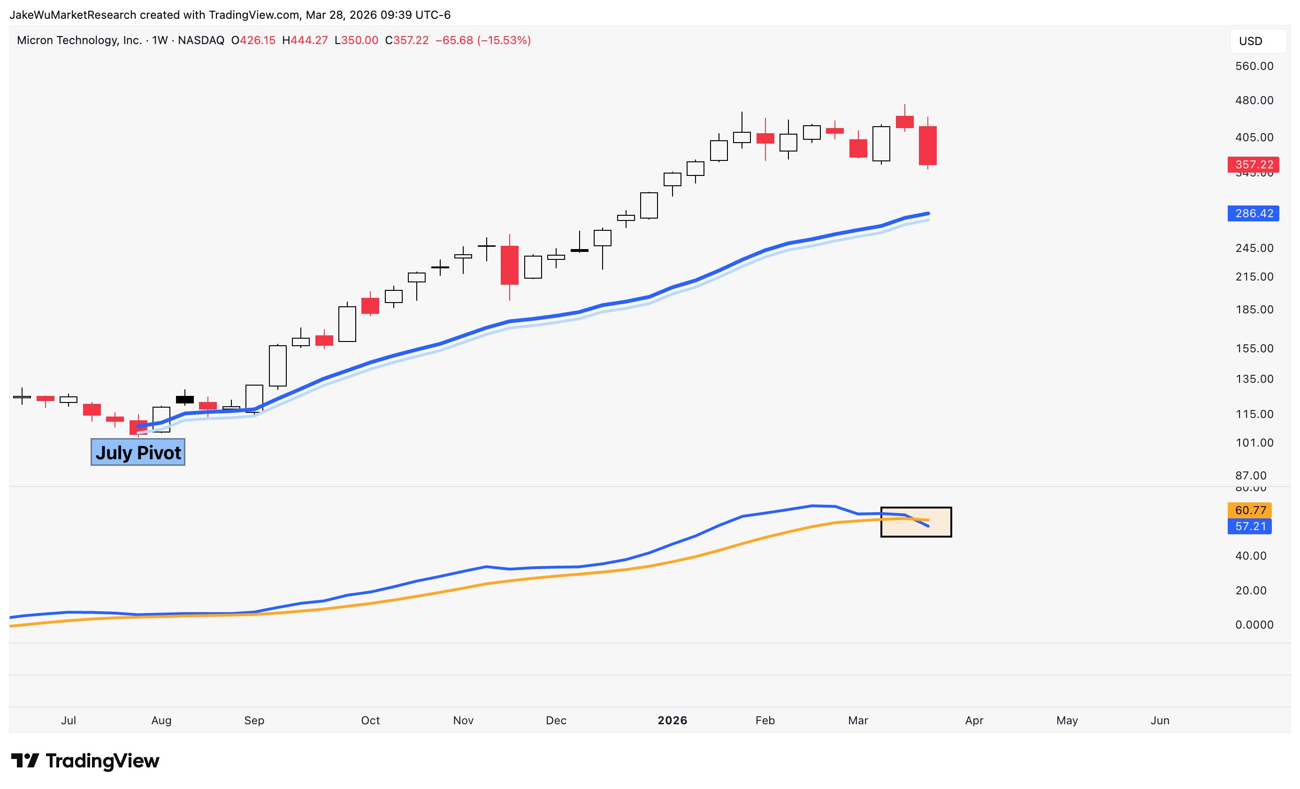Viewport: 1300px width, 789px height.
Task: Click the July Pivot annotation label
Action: click(x=138, y=453)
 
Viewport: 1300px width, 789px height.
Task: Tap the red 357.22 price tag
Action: click(x=1253, y=165)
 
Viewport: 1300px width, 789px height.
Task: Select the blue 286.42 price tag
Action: click(x=1253, y=213)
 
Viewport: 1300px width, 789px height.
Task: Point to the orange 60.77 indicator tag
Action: click(x=1249, y=510)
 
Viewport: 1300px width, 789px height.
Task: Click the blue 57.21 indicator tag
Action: click(x=1249, y=526)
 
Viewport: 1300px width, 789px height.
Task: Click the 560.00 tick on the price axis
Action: click(x=1254, y=66)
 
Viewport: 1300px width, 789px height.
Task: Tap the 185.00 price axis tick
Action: click(x=1254, y=310)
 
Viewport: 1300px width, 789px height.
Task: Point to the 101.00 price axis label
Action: click(x=1254, y=442)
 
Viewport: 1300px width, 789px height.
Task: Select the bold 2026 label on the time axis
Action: click(x=672, y=721)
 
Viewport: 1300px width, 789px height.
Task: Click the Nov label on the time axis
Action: click(x=463, y=721)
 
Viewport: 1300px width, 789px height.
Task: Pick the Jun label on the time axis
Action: click(x=1160, y=721)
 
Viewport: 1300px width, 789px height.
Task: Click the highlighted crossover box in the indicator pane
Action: click(x=916, y=522)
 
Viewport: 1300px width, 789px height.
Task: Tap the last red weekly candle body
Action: click(x=927, y=145)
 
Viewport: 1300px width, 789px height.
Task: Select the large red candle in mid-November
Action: click(x=510, y=266)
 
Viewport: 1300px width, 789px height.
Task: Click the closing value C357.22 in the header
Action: click(x=407, y=41)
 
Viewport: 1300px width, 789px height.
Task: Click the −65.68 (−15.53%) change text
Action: click(x=483, y=41)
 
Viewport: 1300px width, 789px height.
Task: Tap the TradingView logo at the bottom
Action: click(x=85, y=760)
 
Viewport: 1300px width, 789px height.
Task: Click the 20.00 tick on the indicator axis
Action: click(x=1250, y=590)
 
